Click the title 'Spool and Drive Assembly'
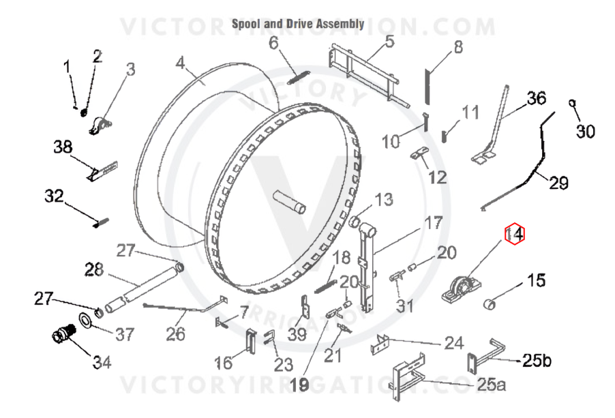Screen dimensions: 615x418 click(298, 24)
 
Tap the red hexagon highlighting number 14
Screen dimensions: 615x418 click(514, 234)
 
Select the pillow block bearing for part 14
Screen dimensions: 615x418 click(459, 289)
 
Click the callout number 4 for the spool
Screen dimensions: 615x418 click(180, 63)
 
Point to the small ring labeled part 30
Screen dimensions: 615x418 click(572, 103)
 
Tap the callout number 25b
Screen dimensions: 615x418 click(537, 360)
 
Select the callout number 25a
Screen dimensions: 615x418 click(491, 385)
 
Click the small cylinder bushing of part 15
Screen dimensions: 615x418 click(489, 303)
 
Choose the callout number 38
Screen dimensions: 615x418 click(63, 147)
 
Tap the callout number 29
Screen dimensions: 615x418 click(558, 183)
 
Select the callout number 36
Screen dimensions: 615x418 click(536, 98)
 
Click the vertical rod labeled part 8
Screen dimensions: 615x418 click(427, 87)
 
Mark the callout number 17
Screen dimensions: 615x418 click(434, 223)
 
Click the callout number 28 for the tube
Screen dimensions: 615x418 click(94, 269)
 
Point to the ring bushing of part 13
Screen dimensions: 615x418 click(355, 222)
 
